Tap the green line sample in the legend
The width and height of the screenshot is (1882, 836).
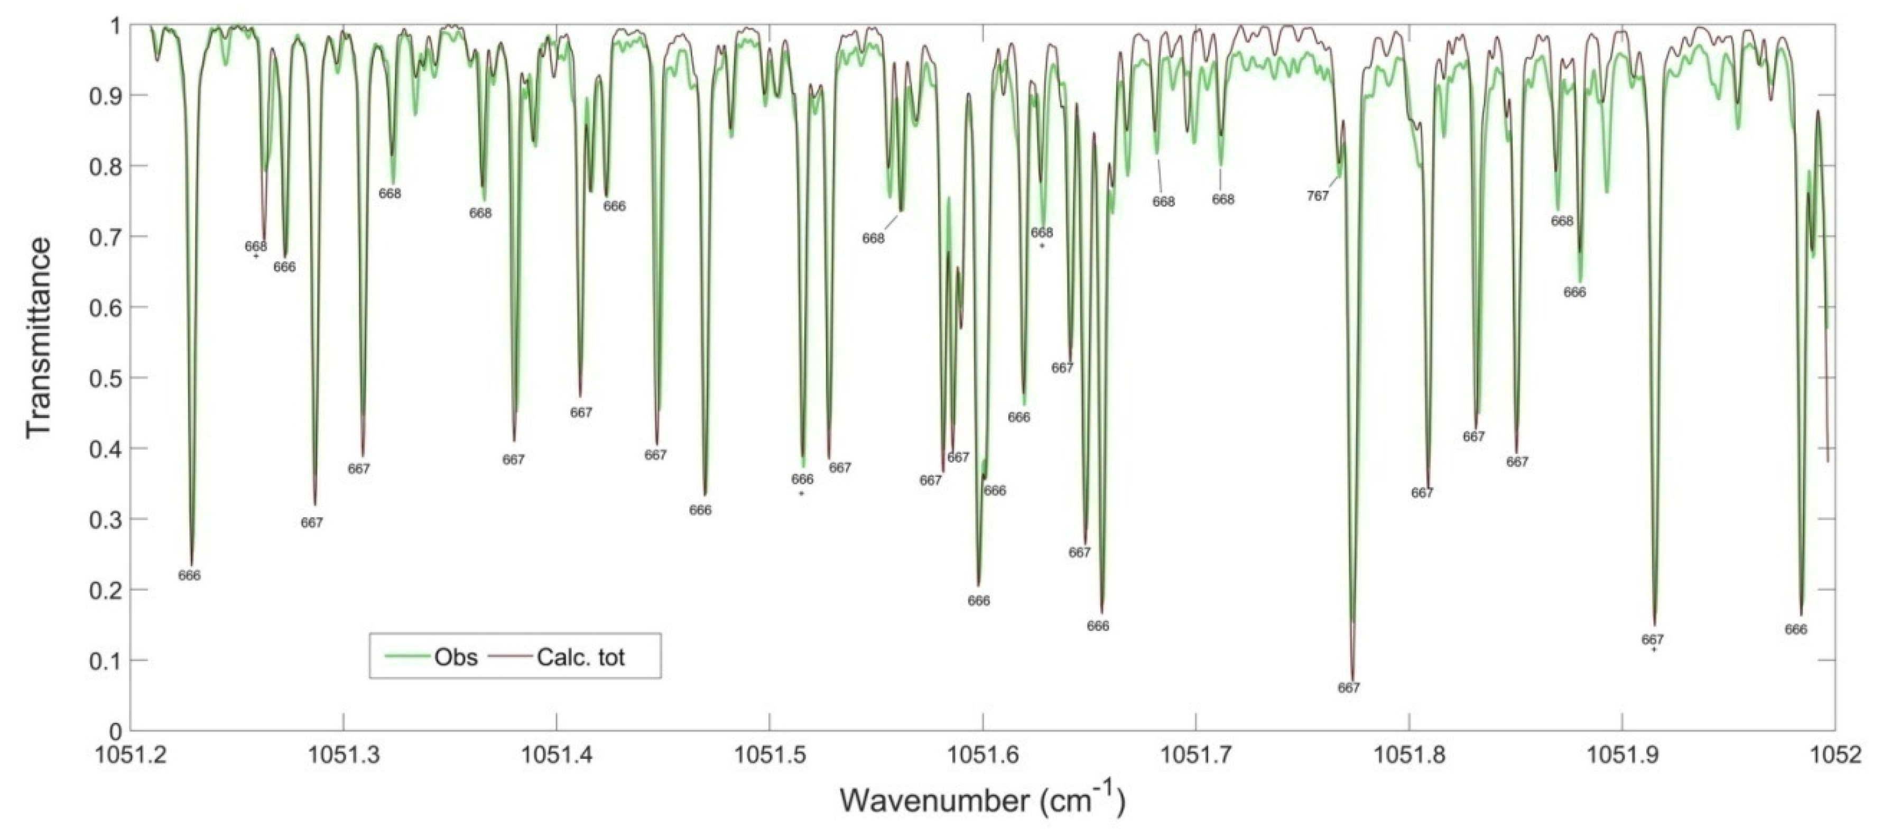pyautogui.click(x=403, y=657)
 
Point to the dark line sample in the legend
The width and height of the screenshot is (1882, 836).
pyautogui.click(x=510, y=657)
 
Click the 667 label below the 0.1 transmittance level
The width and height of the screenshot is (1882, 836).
pyautogui.click(x=1349, y=687)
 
